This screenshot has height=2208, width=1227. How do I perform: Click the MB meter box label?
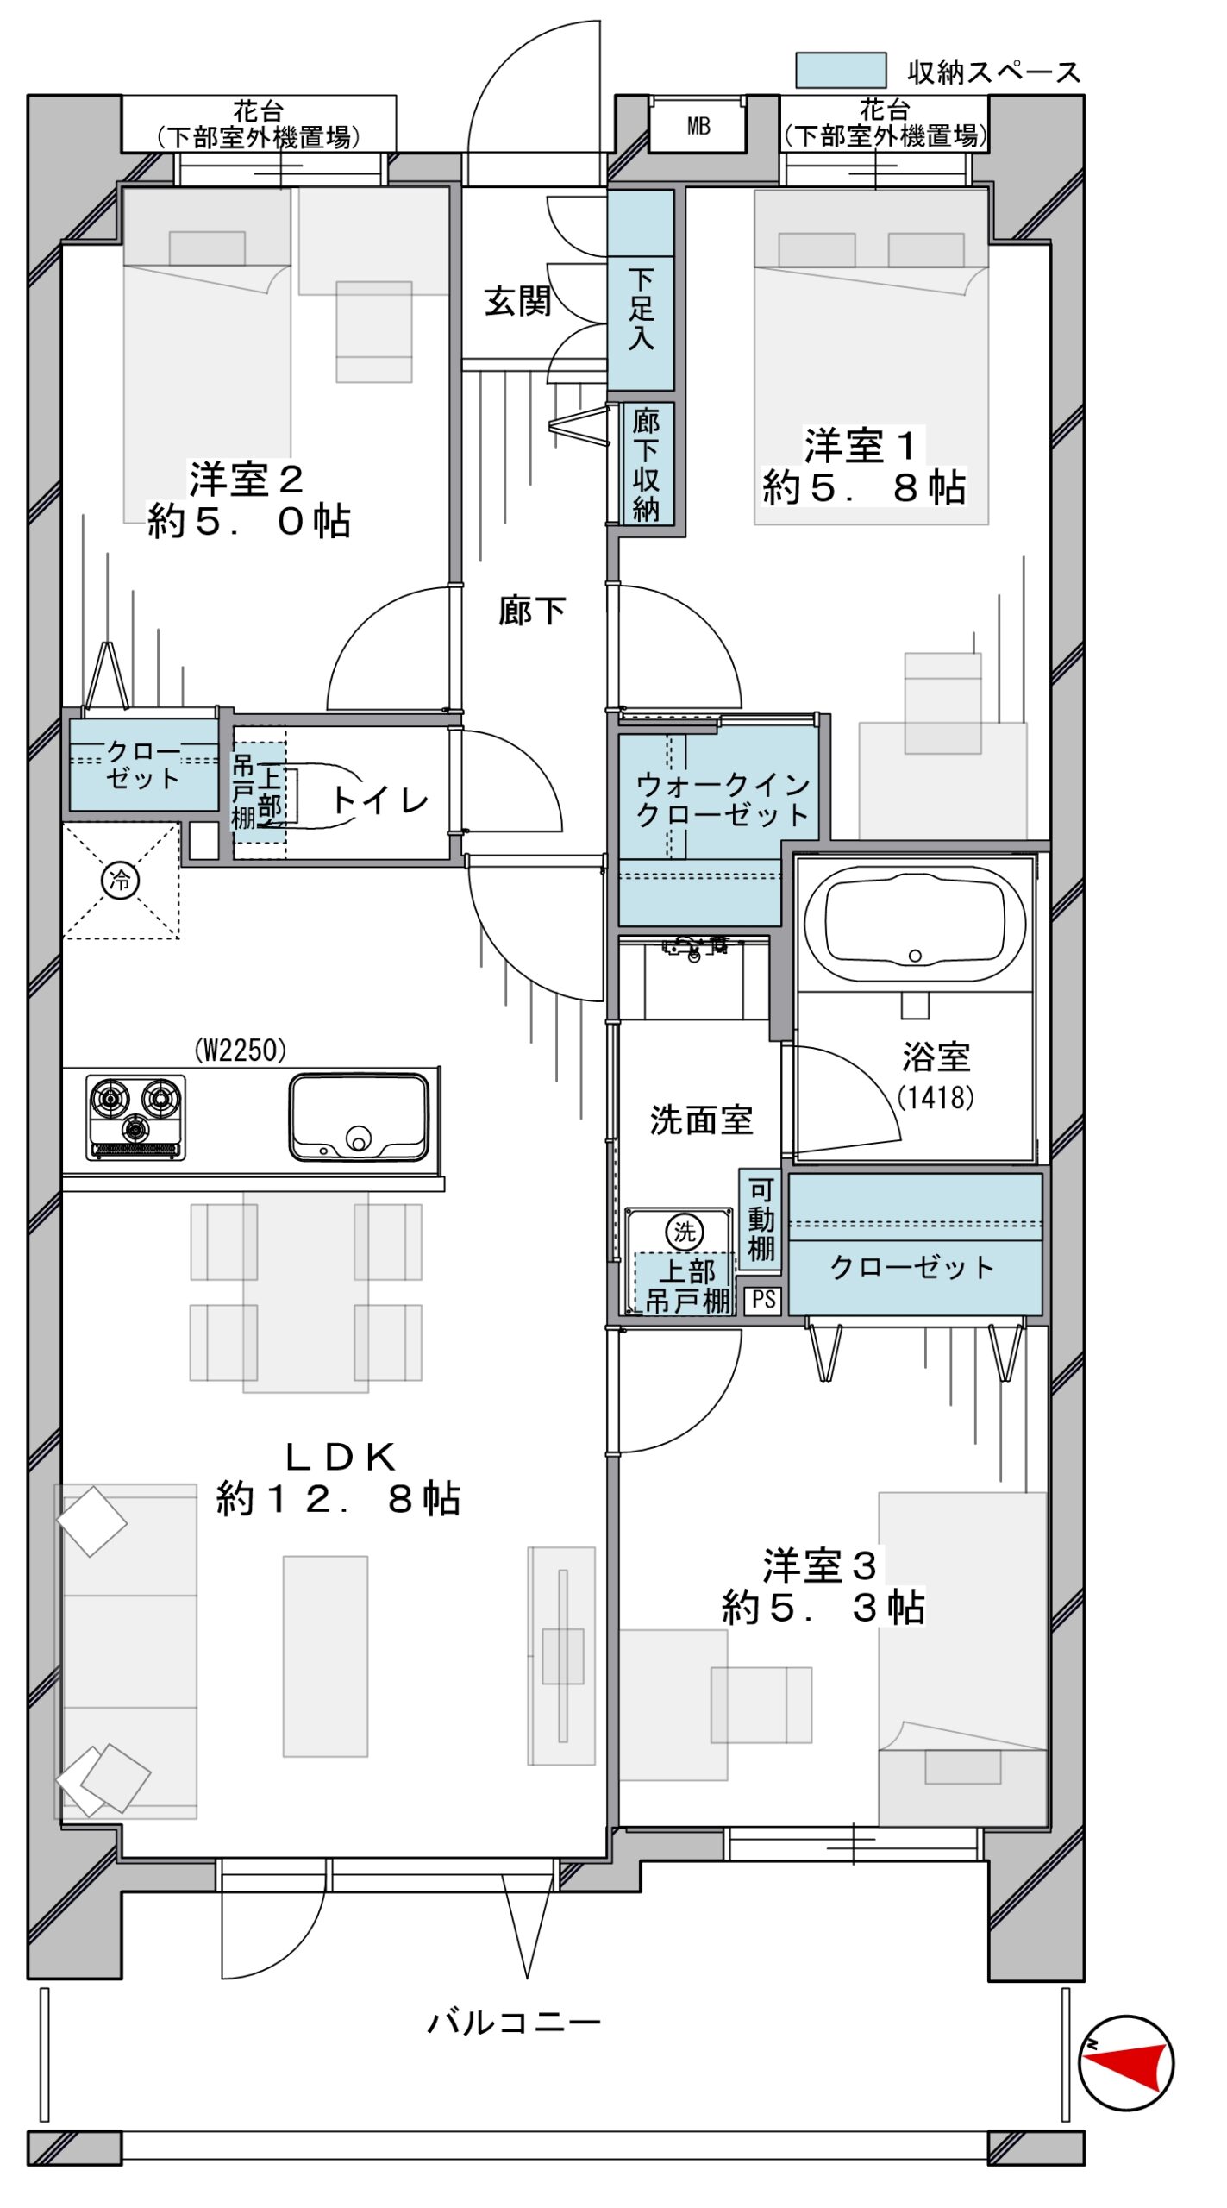pyautogui.click(x=698, y=127)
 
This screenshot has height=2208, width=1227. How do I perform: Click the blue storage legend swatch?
pyautogui.click(x=840, y=71)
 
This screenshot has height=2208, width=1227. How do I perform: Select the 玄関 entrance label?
pyautogui.click(x=517, y=301)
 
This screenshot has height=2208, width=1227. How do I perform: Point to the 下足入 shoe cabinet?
pyautogui.click(x=641, y=290)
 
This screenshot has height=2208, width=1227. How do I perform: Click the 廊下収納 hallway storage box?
pyautogui.click(x=648, y=464)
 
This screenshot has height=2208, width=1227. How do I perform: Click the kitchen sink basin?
pyautogui.click(x=359, y=1116)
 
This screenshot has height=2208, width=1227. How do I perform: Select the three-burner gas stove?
pyautogui.click(x=135, y=1117)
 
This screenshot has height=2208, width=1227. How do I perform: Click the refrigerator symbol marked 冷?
pyautogui.click(x=120, y=880)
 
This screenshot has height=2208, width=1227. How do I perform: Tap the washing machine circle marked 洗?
pyautogui.click(x=685, y=1232)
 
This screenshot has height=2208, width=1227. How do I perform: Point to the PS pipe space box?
pyautogui.click(x=764, y=1300)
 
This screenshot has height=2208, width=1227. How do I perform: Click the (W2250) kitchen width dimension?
pyautogui.click(x=240, y=1050)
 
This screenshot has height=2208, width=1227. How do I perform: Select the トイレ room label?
pyautogui.click(x=379, y=800)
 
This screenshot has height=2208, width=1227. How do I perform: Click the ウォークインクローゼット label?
pyautogui.click(x=723, y=800)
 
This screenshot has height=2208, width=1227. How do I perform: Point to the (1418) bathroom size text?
pyautogui.click(x=936, y=1097)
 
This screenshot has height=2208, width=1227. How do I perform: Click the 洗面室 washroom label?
pyautogui.click(x=701, y=1120)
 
